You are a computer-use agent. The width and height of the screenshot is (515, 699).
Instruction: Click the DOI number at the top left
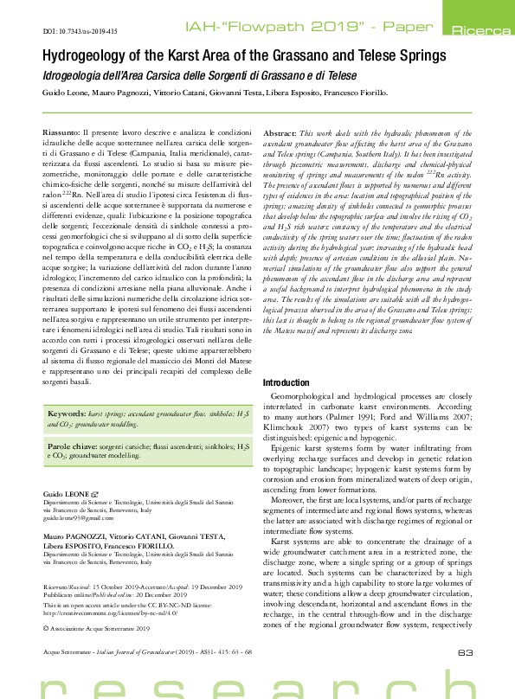click(80, 31)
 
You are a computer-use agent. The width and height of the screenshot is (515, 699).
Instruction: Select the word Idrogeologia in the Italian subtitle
click(72, 75)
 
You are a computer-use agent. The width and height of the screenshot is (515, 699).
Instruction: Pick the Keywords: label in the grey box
click(67, 415)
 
